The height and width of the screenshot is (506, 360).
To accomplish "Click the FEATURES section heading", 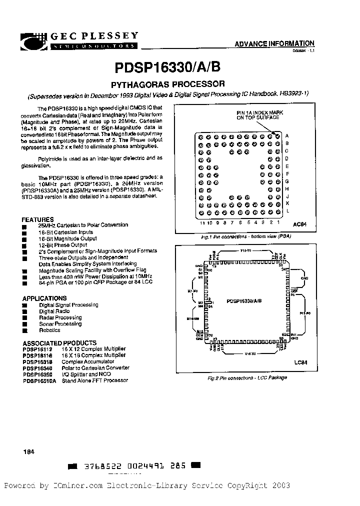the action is (37, 219).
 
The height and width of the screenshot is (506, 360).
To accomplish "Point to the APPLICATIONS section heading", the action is (44, 298).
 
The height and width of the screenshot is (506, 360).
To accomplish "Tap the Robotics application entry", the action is (49, 330).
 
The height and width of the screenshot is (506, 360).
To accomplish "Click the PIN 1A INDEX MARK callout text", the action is (259, 115).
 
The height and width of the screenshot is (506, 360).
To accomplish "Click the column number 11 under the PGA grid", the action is (201, 222).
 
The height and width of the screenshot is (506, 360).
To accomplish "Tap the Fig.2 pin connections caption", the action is (247, 378).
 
